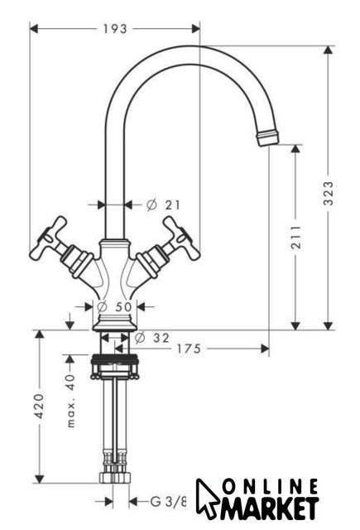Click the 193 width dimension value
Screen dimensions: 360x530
[115, 29]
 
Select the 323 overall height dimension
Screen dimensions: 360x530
[329, 193]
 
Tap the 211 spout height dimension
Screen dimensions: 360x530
[295, 236]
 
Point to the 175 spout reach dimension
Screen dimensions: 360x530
[189, 349]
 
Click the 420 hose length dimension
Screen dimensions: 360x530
[40, 406]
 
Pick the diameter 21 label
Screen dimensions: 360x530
[164, 205]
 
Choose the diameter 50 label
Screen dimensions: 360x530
[114, 307]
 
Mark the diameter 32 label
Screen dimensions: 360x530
[151, 337]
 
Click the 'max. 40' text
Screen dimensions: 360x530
[70, 401]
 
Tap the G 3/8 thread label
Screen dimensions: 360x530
[168, 501]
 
